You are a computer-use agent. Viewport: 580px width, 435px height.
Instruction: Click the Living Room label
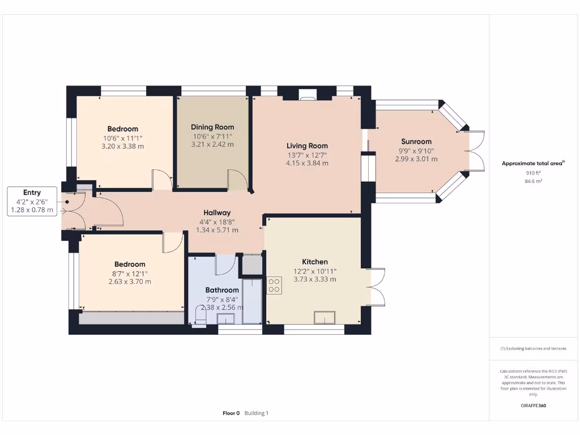click(x=307, y=146)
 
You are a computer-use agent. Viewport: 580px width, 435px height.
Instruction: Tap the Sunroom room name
click(x=416, y=142)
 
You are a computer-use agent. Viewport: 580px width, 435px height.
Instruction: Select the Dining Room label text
click(x=212, y=127)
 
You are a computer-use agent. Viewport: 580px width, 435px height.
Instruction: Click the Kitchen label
click(x=314, y=262)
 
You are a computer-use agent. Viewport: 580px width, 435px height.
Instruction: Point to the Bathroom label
click(x=222, y=290)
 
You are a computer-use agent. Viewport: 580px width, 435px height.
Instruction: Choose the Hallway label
click(x=217, y=212)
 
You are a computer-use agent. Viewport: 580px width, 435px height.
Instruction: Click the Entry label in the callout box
click(x=32, y=193)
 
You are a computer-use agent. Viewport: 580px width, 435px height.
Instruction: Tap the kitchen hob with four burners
click(x=274, y=285)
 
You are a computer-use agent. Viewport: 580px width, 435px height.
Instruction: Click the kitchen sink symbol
click(x=325, y=318)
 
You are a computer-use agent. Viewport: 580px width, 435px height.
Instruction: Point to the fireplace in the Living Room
click(x=309, y=95)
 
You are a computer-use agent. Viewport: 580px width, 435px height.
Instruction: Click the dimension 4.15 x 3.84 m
click(x=307, y=163)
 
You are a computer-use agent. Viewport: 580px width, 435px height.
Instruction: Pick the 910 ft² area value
click(x=534, y=173)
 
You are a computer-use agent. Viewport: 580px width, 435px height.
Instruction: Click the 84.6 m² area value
click(x=534, y=181)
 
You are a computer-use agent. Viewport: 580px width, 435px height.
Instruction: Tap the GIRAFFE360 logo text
click(x=533, y=406)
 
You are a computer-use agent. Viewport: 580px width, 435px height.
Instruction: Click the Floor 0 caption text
click(x=231, y=413)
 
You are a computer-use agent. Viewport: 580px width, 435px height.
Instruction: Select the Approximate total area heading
click(x=533, y=163)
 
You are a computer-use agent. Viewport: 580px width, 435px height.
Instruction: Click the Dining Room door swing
click(x=236, y=180)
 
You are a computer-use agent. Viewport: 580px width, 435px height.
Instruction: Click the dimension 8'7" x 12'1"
click(x=130, y=273)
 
